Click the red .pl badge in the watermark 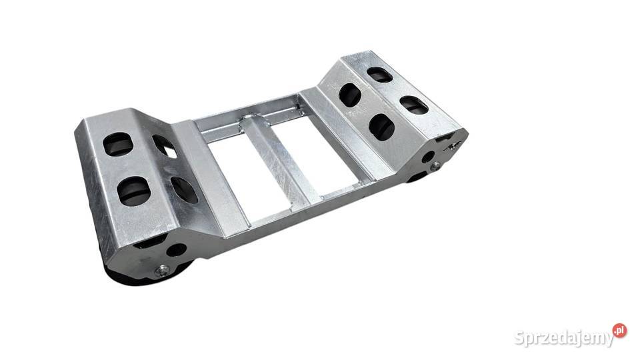(619, 330)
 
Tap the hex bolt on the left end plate (163, 271)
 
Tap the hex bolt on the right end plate (436, 166)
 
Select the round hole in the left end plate (177, 250)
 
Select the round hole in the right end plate (428, 156)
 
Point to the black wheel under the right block (416, 177)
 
